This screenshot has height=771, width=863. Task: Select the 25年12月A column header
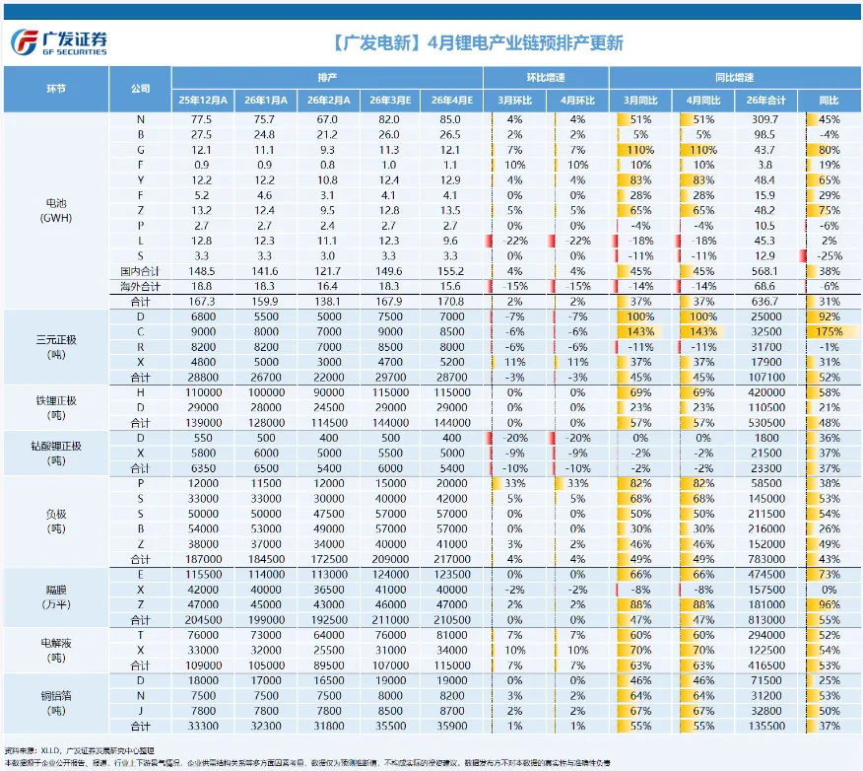point(203,101)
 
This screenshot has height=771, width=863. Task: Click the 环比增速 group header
point(546,77)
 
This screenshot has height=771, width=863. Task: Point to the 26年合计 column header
point(765,101)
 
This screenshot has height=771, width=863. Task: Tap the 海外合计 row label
point(139,285)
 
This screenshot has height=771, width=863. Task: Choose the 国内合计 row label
point(139,270)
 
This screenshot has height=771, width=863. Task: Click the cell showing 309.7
point(765,119)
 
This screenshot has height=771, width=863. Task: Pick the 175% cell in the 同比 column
point(828,331)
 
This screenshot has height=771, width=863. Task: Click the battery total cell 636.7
point(765,300)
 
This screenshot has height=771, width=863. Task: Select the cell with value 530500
point(765,422)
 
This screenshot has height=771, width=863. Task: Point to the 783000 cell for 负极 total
point(765,559)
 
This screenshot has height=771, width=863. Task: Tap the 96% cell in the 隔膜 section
point(828,604)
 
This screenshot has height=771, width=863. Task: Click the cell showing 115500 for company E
point(203,574)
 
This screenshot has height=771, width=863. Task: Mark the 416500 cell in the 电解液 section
point(765,666)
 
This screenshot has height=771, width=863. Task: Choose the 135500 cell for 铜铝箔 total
point(765,727)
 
